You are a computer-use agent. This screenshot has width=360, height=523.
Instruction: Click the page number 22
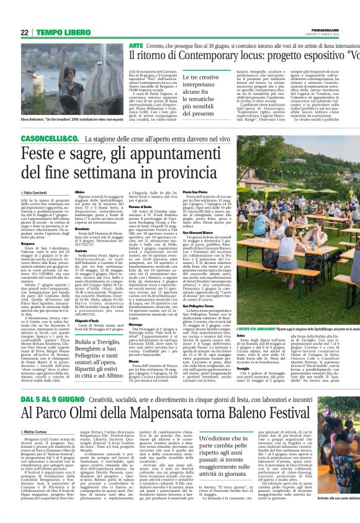(x=24, y=32)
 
